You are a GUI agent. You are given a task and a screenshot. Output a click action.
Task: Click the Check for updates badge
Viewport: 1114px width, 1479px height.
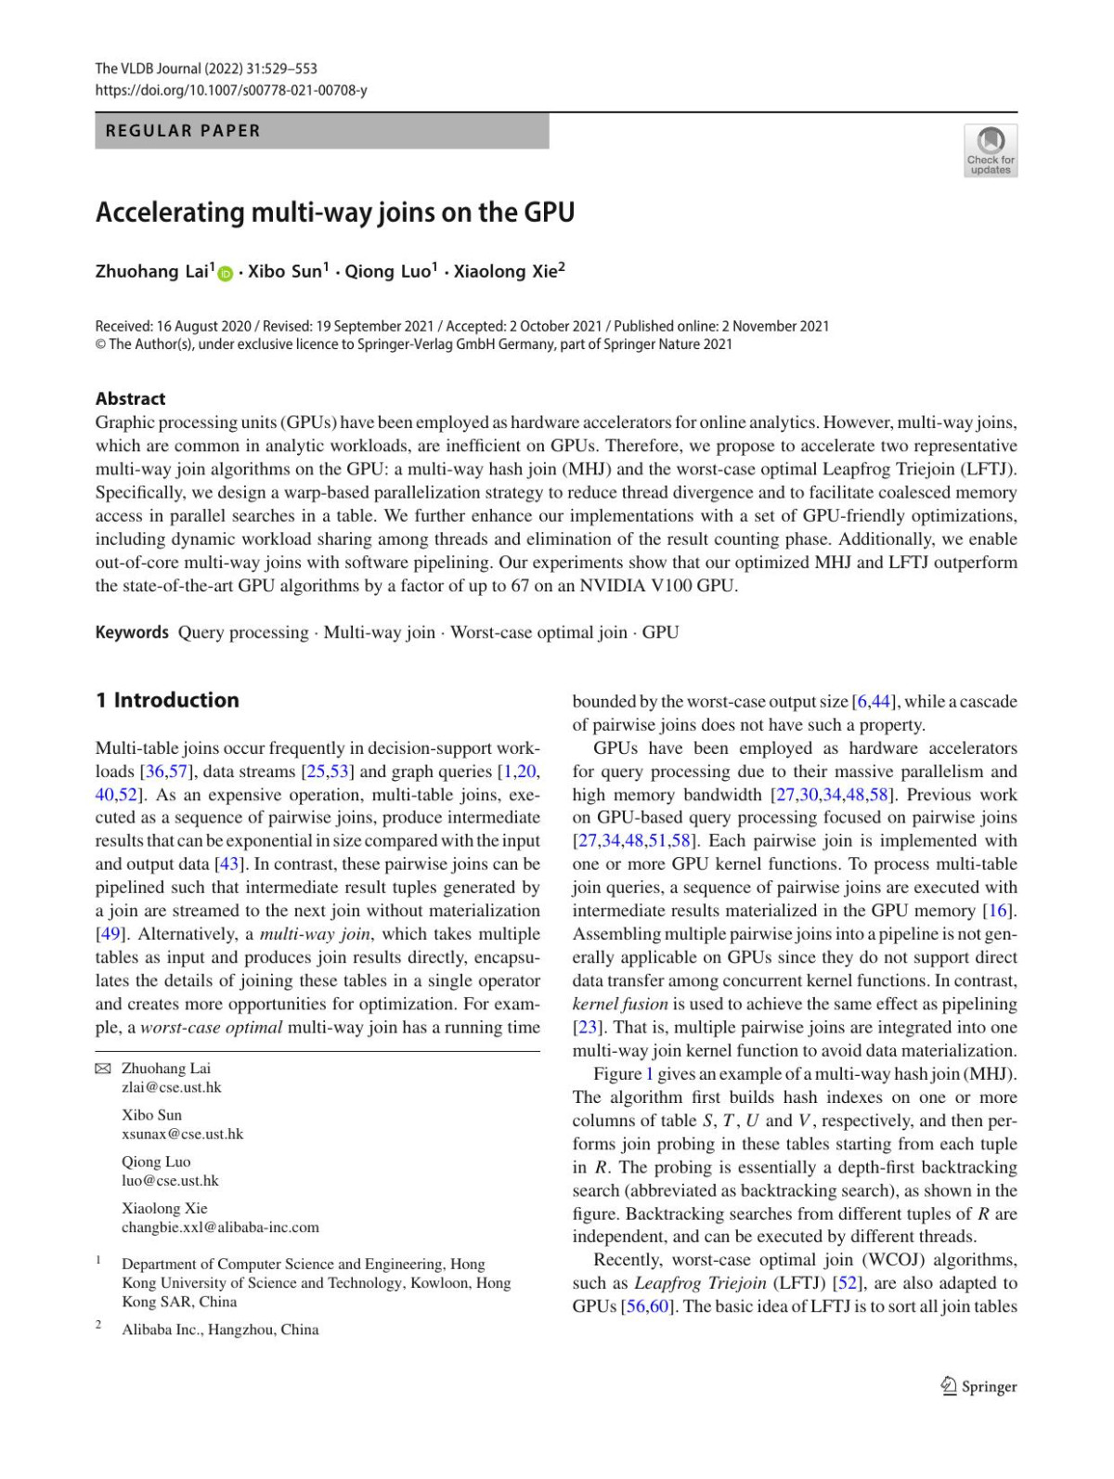tap(991, 150)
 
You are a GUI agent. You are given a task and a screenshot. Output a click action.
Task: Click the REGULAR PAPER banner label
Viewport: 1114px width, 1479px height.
tap(183, 131)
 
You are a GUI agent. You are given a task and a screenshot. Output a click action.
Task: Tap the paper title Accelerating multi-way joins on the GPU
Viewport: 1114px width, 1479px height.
tap(335, 213)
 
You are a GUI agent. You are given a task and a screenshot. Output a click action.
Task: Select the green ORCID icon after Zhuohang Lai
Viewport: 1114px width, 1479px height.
tap(225, 273)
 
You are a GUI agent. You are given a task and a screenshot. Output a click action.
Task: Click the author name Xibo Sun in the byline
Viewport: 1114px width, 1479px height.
tap(285, 271)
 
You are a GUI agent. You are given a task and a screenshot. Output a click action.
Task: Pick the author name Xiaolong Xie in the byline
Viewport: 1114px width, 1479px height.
tap(506, 271)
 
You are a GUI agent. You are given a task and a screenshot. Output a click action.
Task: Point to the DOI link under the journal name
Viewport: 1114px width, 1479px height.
tap(231, 90)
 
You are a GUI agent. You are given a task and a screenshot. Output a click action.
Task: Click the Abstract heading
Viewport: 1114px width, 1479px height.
tap(130, 398)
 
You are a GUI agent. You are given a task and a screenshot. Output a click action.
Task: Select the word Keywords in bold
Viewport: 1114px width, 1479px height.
tap(132, 632)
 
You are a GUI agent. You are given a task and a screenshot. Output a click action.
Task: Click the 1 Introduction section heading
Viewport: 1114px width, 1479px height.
tap(167, 700)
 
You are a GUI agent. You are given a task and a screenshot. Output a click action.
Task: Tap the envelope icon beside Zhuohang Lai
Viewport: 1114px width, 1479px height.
tap(103, 1069)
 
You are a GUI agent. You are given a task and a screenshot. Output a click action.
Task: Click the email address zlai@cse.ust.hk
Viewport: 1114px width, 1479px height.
tap(172, 1087)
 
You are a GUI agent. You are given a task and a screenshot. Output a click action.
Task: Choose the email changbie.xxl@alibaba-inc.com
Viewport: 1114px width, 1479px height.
tap(220, 1227)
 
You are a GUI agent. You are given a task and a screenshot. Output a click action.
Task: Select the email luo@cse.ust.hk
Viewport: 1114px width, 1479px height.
tap(170, 1181)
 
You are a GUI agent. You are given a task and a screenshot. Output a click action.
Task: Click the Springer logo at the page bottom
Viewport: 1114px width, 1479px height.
tap(979, 1386)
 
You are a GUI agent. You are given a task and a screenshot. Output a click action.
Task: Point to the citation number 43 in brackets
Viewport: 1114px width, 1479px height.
tap(228, 864)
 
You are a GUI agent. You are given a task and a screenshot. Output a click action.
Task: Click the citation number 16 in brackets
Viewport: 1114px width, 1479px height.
tap(999, 911)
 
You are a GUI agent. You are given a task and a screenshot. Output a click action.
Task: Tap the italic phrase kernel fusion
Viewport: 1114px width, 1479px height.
tap(620, 1004)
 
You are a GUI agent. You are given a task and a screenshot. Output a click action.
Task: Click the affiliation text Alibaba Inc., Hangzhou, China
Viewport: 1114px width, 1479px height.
tap(220, 1330)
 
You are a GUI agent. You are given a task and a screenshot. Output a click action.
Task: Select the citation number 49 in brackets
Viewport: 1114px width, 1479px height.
tap(110, 934)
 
